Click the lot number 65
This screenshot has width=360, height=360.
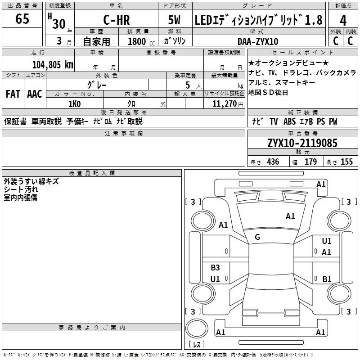(22, 19)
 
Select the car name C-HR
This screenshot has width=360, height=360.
(114, 20)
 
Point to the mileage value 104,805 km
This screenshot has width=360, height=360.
(53, 64)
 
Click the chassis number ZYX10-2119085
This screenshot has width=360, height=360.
(302, 143)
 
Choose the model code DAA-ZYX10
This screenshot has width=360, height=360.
(258, 41)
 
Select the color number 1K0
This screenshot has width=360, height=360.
(74, 103)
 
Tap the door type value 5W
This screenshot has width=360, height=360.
(175, 20)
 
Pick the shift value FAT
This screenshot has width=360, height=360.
(13, 94)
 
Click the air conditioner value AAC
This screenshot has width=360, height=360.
(34, 94)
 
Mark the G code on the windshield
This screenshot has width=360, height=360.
(257, 237)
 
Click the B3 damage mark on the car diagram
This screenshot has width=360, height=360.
(215, 268)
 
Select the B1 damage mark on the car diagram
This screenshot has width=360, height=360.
(327, 279)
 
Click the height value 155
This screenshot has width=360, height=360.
(346, 162)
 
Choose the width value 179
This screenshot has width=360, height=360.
(310, 162)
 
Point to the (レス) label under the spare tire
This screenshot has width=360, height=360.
(197, 345)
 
